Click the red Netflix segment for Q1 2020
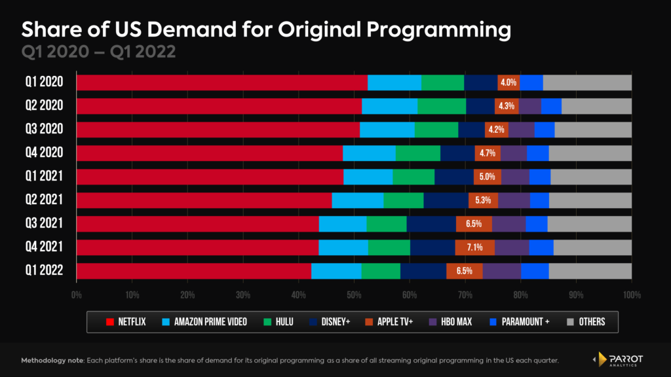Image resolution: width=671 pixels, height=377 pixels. pyautogui.click(x=221, y=82)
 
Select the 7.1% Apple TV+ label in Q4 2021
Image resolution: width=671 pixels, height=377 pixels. pyautogui.click(x=474, y=247)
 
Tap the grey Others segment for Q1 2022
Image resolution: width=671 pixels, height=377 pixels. pyautogui.click(x=590, y=271)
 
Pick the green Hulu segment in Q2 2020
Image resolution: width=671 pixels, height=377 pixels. pyautogui.click(x=441, y=106)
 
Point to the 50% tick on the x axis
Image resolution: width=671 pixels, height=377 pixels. pyautogui.click(x=354, y=295)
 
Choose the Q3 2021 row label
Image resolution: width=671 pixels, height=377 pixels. pyautogui.click(x=41, y=224)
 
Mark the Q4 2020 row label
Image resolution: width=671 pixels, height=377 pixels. pyautogui.click(x=41, y=153)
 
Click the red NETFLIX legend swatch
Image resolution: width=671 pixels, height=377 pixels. pyautogui.click(x=111, y=321)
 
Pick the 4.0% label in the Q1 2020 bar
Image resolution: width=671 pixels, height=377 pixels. pyautogui.click(x=508, y=82)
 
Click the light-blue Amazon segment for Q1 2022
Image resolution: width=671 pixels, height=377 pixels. pyautogui.click(x=335, y=271)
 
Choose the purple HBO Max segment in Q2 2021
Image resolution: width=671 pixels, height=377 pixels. pyautogui.click(x=514, y=200)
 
